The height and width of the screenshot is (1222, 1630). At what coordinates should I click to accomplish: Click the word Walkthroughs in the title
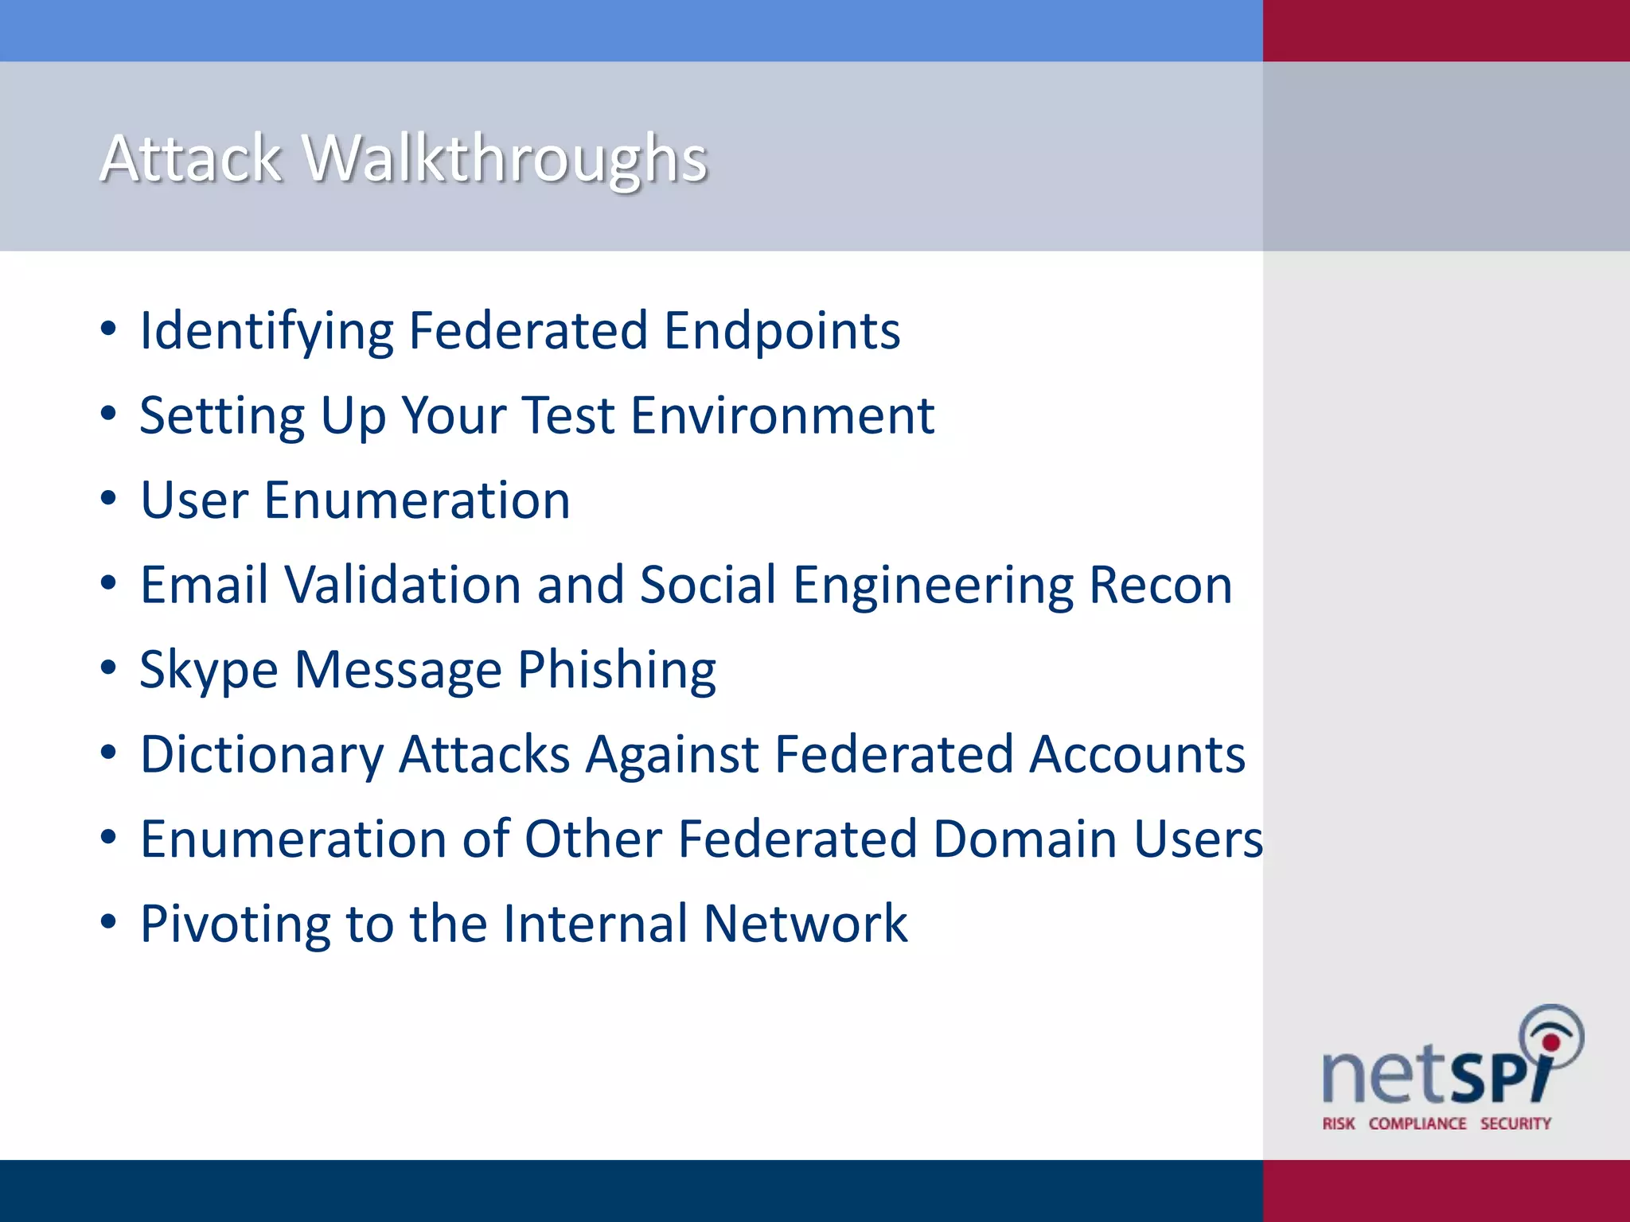point(506,159)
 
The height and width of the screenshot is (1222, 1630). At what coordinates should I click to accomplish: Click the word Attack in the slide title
point(191,159)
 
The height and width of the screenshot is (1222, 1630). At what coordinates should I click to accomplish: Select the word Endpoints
point(782,331)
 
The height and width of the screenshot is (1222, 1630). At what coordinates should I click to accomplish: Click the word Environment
point(782,415)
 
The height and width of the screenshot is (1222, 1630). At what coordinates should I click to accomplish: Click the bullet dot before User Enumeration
point(109,499)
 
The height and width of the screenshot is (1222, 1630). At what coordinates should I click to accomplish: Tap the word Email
point(204,585)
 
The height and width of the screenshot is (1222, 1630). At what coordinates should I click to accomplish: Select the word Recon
point(1160,585)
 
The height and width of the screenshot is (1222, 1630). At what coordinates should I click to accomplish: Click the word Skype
point(209,670)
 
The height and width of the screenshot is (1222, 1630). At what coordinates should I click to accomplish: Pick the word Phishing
point(617,670)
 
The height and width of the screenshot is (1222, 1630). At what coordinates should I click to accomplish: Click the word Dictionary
point(262,754)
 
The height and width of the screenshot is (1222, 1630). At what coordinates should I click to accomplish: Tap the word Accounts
point(1137,754)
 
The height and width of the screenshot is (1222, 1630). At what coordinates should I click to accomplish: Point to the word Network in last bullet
point(805,924)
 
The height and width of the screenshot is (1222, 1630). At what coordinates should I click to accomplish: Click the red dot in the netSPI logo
point(1550,1042)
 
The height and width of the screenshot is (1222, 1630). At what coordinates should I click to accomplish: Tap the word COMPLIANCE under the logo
point(1417,1123)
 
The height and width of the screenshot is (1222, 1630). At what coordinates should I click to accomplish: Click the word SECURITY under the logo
point(1515,1123)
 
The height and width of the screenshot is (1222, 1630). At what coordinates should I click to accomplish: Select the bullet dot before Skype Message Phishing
point(109,668)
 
